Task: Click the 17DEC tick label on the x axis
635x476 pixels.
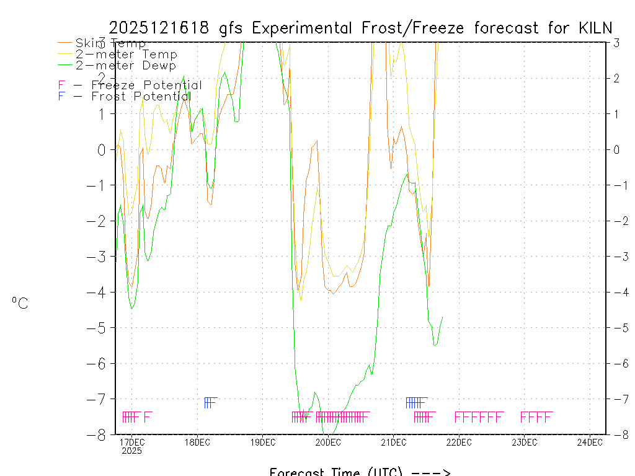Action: tap(132, 442)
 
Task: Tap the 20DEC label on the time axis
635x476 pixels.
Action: tap(328, 442)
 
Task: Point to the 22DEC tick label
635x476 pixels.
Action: tap(459, 442)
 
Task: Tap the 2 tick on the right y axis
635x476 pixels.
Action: tap(616, 78)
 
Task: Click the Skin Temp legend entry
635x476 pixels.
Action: tap(110, 43)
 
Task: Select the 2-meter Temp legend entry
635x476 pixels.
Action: tap(126, 55)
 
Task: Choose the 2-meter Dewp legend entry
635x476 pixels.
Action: tap(125, 66)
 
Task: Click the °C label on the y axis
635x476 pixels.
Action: tap(20, 303)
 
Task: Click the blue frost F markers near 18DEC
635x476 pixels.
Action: tap(210, 402)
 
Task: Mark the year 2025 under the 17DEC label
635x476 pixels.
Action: tap(132, 451)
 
